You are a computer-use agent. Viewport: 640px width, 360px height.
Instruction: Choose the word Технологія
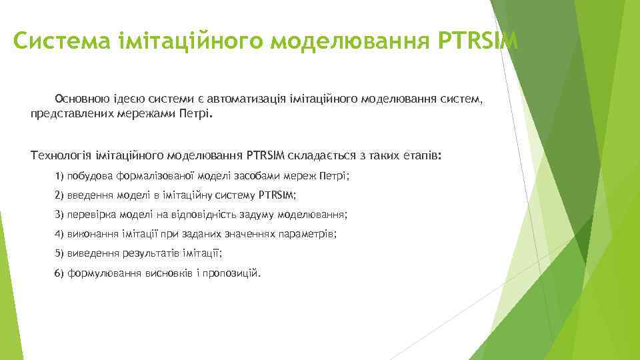click(x=59, y=155)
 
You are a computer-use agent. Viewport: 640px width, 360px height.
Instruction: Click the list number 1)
click(x=59, y=176)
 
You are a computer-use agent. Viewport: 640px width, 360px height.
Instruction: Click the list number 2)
click(x=59, y=195)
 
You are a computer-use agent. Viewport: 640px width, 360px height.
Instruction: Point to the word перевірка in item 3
click(x=93, y=215)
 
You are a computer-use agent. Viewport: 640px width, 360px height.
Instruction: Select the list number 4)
click(x=59, y=234)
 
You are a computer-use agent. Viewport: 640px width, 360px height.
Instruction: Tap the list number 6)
click(x=59, y=273)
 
